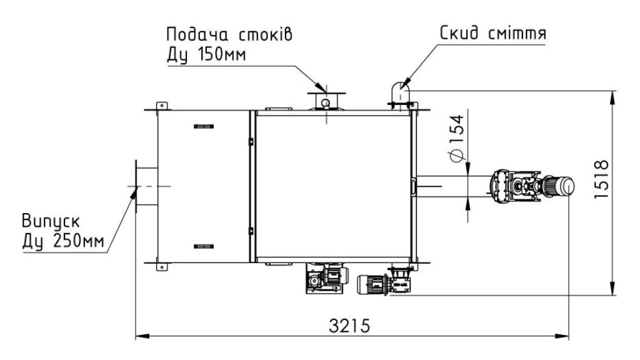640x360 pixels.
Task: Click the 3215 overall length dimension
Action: [349, 326]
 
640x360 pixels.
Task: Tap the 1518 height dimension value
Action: [602, 179]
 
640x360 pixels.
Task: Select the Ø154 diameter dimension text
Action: [457, 138]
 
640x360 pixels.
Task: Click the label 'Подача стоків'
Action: [229, 34]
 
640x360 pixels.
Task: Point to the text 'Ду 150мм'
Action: [206, 54]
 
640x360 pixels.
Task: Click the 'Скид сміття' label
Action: [492, 32]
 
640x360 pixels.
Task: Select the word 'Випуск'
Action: [51, 221]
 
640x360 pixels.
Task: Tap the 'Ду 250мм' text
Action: [63, 241]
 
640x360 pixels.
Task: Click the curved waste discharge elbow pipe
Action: [400, 94]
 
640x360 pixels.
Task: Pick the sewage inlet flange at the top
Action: [326, 101]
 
